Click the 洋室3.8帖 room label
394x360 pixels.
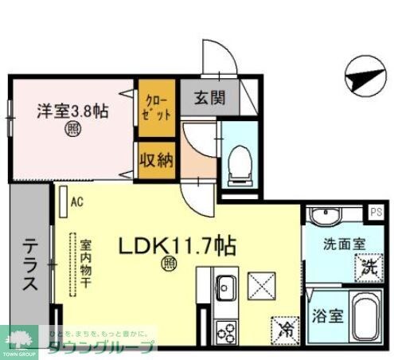(72, 112)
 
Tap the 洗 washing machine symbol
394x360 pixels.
(368, 268)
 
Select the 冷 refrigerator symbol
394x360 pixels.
(284, 327)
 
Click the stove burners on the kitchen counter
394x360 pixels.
(226, 329)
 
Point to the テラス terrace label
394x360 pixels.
(29, 265)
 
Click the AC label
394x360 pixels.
(76, 202)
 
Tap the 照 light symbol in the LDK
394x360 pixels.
(170, 262)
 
